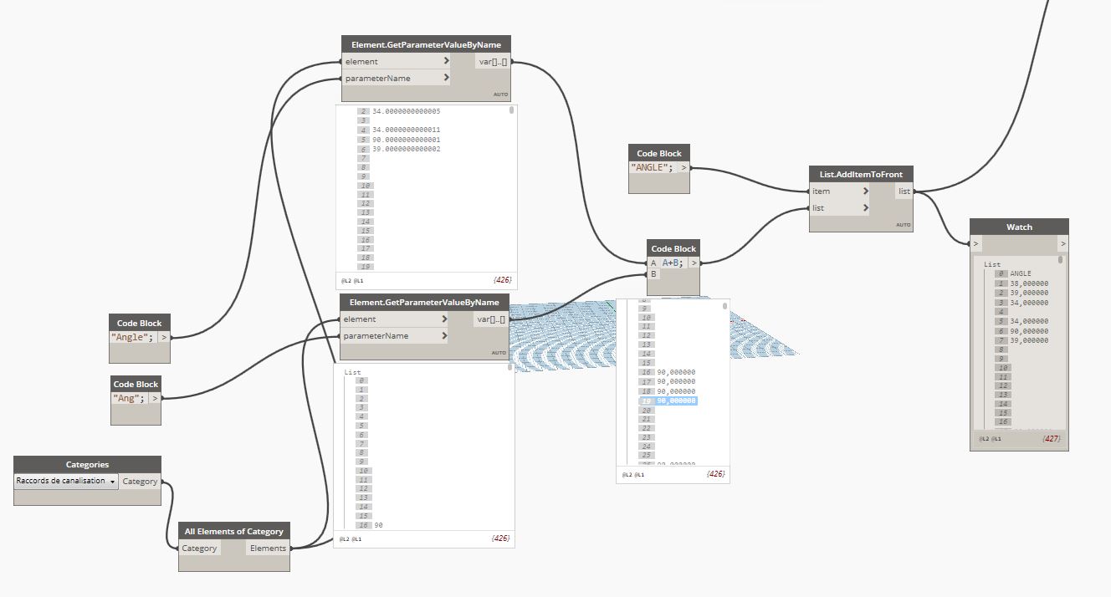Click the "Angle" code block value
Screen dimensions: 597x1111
point(132,337)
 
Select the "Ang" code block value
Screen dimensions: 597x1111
point(128,398)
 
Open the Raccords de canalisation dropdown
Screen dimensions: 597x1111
point(66,482)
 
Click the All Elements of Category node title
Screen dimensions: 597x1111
point(233,531)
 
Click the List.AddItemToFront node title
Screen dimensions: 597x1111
point(861,174)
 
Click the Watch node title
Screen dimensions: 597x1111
point(1019,227)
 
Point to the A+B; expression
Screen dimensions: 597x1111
point(673,263)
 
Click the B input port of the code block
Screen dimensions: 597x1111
point(654,273)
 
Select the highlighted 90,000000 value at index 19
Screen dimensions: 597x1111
point(676,401)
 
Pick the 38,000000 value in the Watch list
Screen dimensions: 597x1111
point(1029,283)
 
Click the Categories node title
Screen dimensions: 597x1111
point(87,465)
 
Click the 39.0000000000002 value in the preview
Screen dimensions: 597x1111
point(407,149)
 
